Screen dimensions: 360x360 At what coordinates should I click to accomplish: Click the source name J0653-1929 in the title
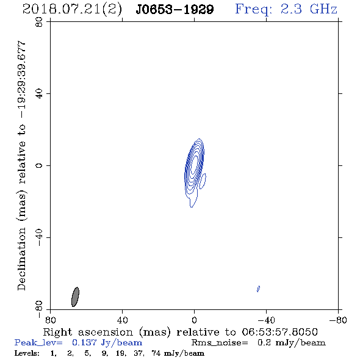pyautogui.click(x=175, y=9)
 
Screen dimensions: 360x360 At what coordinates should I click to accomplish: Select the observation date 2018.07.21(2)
pyautogui.click(x=72, y=10)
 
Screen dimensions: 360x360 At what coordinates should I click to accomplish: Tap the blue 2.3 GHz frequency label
pyautogui.click(x=286, y=9)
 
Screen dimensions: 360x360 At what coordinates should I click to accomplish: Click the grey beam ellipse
pyautogui.click(x=75, y=297)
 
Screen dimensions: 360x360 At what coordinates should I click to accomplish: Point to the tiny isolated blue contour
pyautogui.click(x=258, y=289)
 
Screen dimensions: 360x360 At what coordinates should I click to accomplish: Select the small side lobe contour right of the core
pyautogui.click(x=202, y=181)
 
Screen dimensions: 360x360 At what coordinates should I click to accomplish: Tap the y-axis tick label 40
pyautogui.click(x=39, y=94)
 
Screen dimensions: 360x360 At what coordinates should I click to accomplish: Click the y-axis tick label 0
pyautogui.click(x=39, y=165)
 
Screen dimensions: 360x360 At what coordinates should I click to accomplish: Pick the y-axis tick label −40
pyautogui.click(x=39, y=237)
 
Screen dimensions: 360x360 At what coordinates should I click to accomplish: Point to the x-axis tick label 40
pyautogui.click(x=122, y=320)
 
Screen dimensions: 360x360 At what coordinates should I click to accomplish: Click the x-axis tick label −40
pyautogui.click(x=266, y=320)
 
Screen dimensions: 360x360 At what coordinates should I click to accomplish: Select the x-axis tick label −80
pyautogui.click(x=338, y=320)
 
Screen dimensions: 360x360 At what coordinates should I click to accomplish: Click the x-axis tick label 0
pyautogui.click(x=194, y=320)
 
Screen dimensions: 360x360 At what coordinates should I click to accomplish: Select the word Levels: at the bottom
pyautogui.click(x=27, y=353)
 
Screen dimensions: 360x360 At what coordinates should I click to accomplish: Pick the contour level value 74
pyautogui.click(x=156, y=353)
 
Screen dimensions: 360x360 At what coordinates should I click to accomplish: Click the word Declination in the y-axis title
pyautogui.click(x=21, y=259)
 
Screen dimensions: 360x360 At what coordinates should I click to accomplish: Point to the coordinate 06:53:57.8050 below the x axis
pyautogui.click(x=279, y=332)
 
